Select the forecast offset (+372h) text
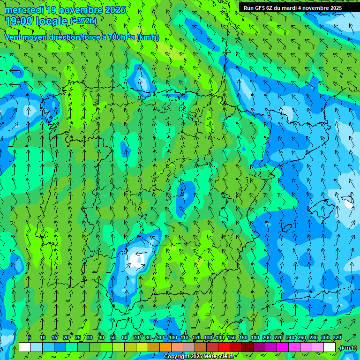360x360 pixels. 83,21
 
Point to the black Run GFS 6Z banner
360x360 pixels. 299,7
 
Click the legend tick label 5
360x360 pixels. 30,337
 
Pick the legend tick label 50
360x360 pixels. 113,337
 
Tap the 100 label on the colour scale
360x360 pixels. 172,337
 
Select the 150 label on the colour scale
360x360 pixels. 232,337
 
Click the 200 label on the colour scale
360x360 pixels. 267,337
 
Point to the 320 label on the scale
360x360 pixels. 337,337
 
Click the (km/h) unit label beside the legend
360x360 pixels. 347,348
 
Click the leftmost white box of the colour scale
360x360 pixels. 25,347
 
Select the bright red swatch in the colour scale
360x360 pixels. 224,347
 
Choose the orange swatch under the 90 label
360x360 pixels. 165,347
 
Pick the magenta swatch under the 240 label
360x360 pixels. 294,347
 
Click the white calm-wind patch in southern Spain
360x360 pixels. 137,258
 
